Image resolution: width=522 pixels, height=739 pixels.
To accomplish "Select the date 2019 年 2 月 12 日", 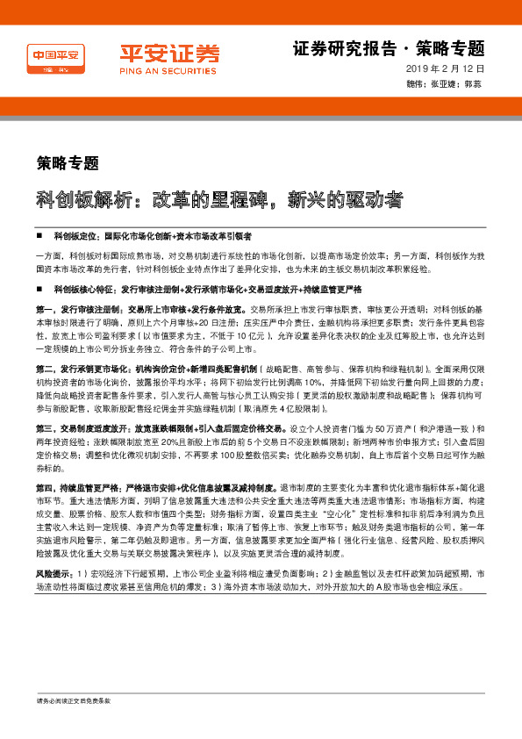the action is point(446,68).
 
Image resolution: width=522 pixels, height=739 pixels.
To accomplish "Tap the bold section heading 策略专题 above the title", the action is point(68,161).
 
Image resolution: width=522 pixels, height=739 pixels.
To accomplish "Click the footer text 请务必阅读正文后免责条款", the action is point(74,726).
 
